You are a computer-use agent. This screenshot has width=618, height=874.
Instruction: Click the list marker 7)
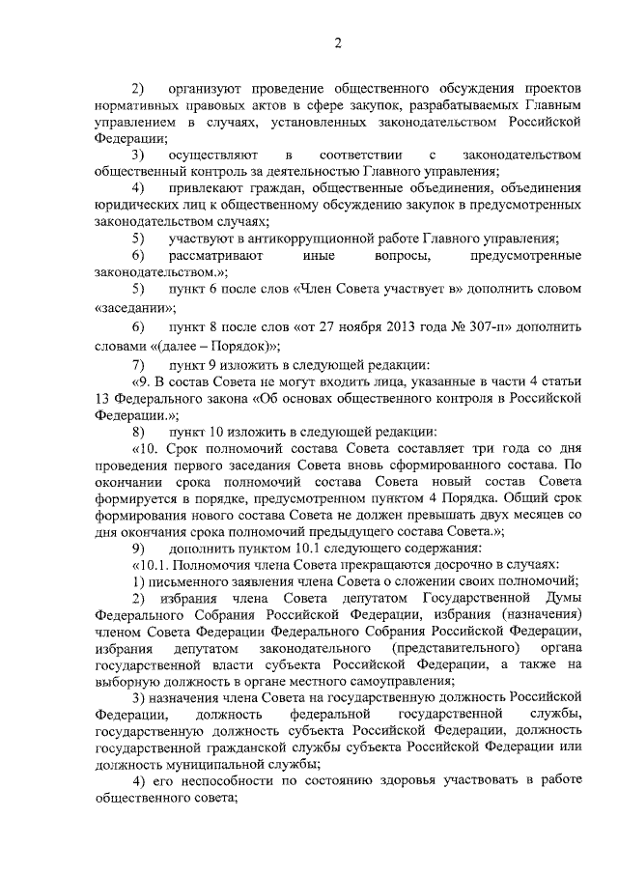tap(138, 366)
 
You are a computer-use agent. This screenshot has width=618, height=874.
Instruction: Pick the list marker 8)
tap(138, 432)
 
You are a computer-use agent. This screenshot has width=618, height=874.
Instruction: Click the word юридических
tap(136, 205)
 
